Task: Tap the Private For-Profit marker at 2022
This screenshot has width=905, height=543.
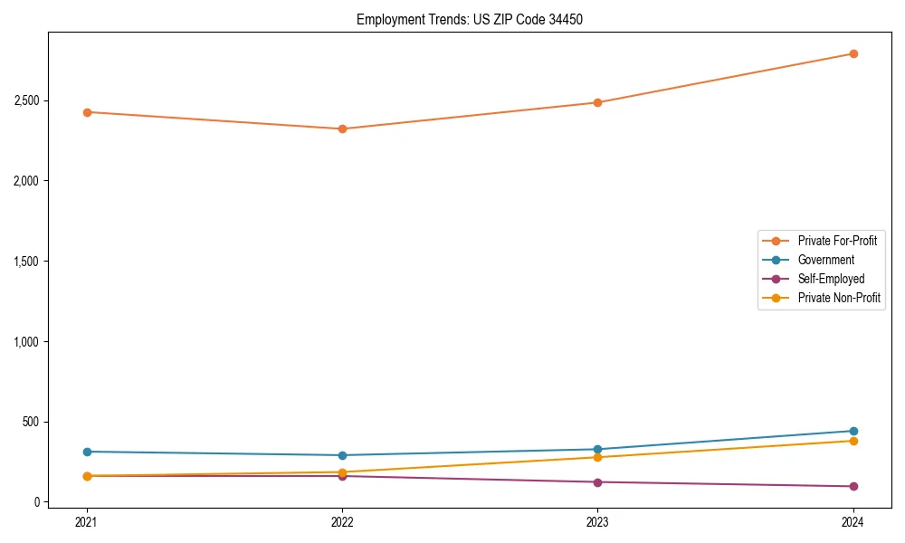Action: [x=342, y=129]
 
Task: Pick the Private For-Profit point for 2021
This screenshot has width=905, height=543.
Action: [x=87, y=112]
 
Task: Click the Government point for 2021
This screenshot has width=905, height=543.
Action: [x=87, y=452]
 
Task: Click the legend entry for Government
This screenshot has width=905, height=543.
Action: [x=825, y=260]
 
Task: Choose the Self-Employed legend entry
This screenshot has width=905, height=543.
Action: [x=831, y=279]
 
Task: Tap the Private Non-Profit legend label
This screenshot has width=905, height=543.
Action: [x=839, y=298]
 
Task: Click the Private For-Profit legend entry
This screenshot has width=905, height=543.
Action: [x=837, y=241]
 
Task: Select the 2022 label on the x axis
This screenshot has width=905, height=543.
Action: [x=342, y=521]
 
